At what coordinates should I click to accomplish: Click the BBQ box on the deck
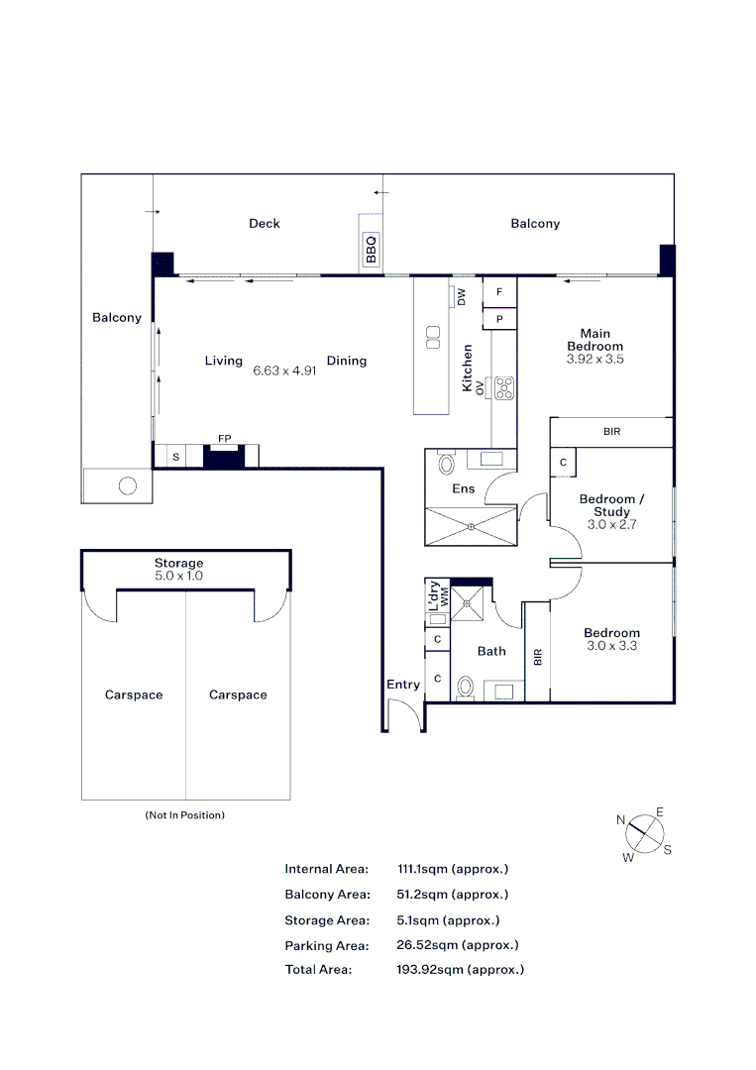click(x=372, y=248)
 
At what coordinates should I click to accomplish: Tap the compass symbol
click(x=644, y=833)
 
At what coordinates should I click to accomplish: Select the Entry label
click(x=403, y=685)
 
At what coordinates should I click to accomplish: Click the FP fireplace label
click(x=224, y=438)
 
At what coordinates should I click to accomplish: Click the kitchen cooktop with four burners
click(x=503, y=387)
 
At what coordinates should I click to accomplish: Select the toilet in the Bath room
click(x=466, y=686)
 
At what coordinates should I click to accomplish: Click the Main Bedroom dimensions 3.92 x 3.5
click(x=594, y=360)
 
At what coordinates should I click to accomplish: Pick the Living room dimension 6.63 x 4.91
click(x=283, y=371)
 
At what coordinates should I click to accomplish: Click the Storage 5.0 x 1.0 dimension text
click(x=178, y=576)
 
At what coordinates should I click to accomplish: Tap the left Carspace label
click(x=134, y=695)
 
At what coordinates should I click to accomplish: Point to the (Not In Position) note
click(x=185, y=815)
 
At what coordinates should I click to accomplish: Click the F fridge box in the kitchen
click(x=499, y=291)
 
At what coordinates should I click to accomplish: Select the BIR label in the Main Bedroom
click(x=611, y=432)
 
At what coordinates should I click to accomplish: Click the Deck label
click(x=265, y=224)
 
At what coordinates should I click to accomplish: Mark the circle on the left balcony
click(x=127, y=485)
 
